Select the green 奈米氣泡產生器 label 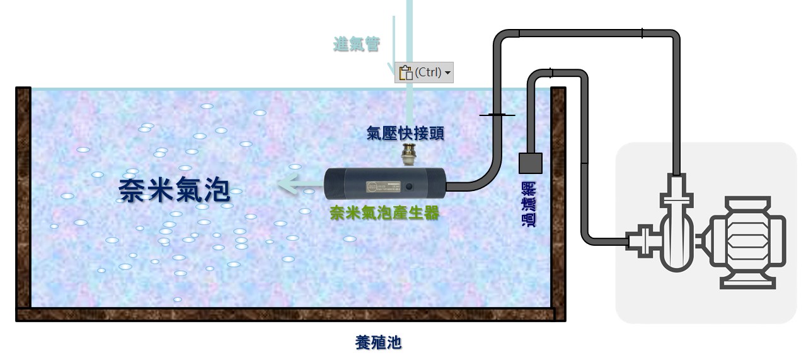click(x=384, y=213)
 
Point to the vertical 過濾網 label click(x=529, y=204)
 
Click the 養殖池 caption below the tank click(x=378, y=343)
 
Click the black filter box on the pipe click(x=531, y=163)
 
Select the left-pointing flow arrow click(x=298, y=185)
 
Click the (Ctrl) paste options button click(x=424, y=73)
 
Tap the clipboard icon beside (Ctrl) click(x=405, y=73)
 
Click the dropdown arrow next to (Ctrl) click(x=447, y=73)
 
